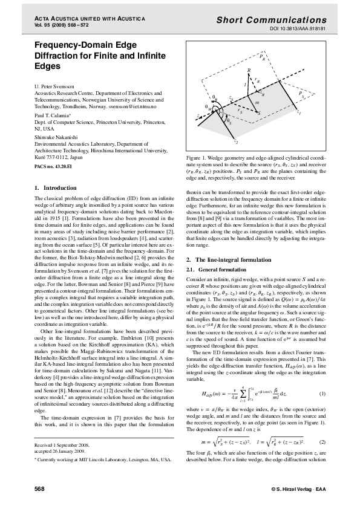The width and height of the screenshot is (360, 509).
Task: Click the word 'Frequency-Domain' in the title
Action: coord(71,45)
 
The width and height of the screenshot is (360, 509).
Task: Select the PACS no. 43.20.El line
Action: coord(54,165)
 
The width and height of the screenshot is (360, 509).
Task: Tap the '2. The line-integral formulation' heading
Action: coord(229,259)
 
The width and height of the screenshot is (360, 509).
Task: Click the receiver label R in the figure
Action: coord(248,71)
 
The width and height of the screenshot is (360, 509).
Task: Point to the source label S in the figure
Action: coord(259,113)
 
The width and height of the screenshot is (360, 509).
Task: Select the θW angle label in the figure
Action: coord(208,108)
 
